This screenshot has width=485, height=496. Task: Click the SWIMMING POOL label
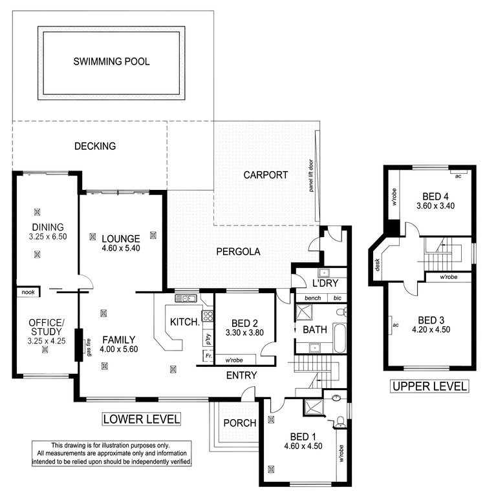111,61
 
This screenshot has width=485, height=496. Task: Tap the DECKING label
95,146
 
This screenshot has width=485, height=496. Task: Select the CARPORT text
266,175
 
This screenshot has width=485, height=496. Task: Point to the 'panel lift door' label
311,176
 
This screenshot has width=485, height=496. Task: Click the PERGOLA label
238,252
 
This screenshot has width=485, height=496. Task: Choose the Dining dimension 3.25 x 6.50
48,236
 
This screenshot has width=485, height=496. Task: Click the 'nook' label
28,293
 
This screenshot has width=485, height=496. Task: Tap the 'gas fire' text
89,347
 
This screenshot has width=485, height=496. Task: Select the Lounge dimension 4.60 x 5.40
121,248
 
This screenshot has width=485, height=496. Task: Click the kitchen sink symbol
186,298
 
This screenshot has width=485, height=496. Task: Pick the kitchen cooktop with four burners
208,315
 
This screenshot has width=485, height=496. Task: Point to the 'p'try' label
208,339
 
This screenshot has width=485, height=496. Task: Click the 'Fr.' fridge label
208,356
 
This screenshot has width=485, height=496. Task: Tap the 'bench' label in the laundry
313,298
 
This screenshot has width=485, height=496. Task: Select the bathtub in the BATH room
339,338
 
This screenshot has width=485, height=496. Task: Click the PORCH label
240,423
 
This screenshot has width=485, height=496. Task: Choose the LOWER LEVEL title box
142,419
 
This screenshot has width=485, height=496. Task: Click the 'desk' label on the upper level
377,265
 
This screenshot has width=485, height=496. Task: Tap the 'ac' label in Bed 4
458,176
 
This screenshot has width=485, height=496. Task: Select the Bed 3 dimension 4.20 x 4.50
431,329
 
